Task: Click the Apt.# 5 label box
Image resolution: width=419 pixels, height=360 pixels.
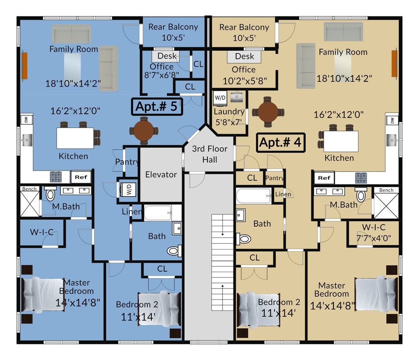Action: tap(157, 106)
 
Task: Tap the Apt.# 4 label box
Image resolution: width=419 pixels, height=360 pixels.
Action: tap(281, 143)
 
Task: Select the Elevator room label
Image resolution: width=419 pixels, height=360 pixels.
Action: tap(161, 175)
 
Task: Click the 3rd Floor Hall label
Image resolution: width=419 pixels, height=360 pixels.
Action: tap(209, 154)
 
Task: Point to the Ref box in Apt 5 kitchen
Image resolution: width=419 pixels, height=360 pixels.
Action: tap(81, 178)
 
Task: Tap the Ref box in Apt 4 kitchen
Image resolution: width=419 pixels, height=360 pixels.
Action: tap(324, 178)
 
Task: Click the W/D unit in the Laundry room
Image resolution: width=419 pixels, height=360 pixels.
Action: tap(220, 98)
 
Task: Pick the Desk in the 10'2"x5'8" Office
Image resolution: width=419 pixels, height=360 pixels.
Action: tap(245, 56)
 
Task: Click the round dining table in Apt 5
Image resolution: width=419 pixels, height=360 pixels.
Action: tap(144, 131)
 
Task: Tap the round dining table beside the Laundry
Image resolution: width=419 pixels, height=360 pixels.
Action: tap(268, 112)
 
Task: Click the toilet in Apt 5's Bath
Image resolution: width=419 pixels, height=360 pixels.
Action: tap(174, 250)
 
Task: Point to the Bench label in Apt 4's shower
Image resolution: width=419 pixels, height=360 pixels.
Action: tap(386, 190)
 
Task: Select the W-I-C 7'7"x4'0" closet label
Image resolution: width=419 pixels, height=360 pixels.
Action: tap(374, 232)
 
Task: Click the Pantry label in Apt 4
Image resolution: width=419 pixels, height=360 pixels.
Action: tap(275, 178)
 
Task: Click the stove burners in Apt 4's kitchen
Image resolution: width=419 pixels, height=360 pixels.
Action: tap(360, 178)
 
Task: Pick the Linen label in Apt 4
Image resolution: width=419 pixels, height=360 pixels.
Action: tap(283, 194)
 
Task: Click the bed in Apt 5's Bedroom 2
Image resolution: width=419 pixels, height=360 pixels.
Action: tap(159, 309)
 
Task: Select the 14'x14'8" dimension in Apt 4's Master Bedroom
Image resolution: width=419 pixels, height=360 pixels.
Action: tap(333, 306)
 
